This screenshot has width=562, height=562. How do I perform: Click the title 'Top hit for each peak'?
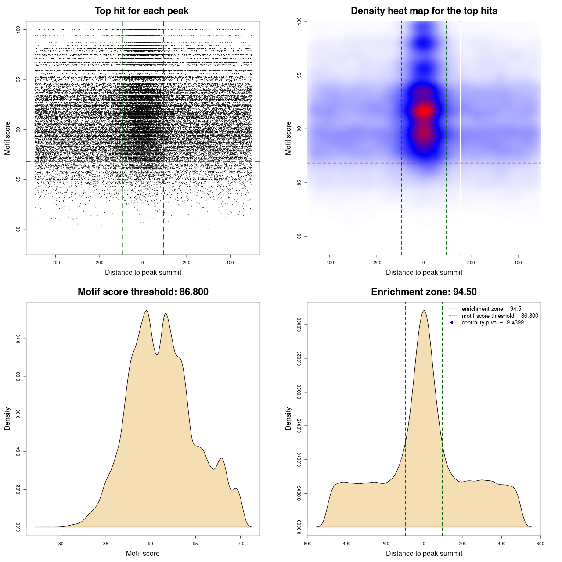click(141, 11)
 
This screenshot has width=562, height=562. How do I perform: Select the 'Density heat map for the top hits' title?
click(424, 11)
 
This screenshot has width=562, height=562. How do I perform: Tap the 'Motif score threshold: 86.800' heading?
click(143, 292)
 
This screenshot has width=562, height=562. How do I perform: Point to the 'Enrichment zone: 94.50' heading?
click(424, 292)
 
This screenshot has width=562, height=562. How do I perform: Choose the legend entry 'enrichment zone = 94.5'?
click(491, 309)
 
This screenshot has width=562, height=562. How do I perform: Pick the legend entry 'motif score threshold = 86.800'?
click(500, 316)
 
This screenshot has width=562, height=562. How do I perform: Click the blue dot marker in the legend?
click(452, 323)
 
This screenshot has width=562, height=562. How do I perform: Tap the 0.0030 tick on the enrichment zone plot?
click(299, 325)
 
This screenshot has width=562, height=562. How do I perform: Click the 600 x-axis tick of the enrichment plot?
click(540, 544)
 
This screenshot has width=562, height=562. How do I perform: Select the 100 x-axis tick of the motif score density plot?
click(240, 544)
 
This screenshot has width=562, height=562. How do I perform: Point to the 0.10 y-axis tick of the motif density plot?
click(18, 339)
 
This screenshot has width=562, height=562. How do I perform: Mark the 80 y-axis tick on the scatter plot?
click(18, 229)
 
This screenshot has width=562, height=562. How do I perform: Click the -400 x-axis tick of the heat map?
click(329, 263)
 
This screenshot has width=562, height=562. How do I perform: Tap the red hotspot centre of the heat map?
click(424, 111)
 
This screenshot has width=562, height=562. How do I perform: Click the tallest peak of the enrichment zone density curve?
click(424, 311)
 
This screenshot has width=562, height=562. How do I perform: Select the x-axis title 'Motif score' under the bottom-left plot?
click(143, 553)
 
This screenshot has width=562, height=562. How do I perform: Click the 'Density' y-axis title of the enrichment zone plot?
click(288, 418)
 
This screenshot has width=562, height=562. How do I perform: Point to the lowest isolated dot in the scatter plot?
click(65, 246)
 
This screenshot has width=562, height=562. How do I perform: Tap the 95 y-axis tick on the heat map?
click(299, 75)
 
